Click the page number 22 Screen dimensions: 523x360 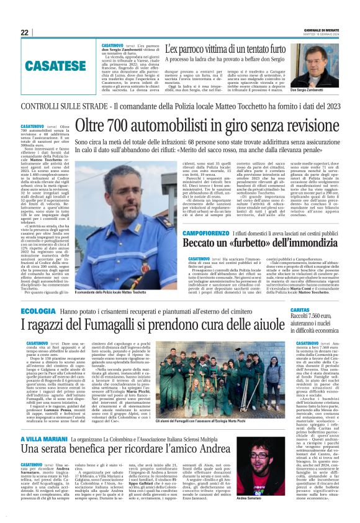[25, 33]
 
